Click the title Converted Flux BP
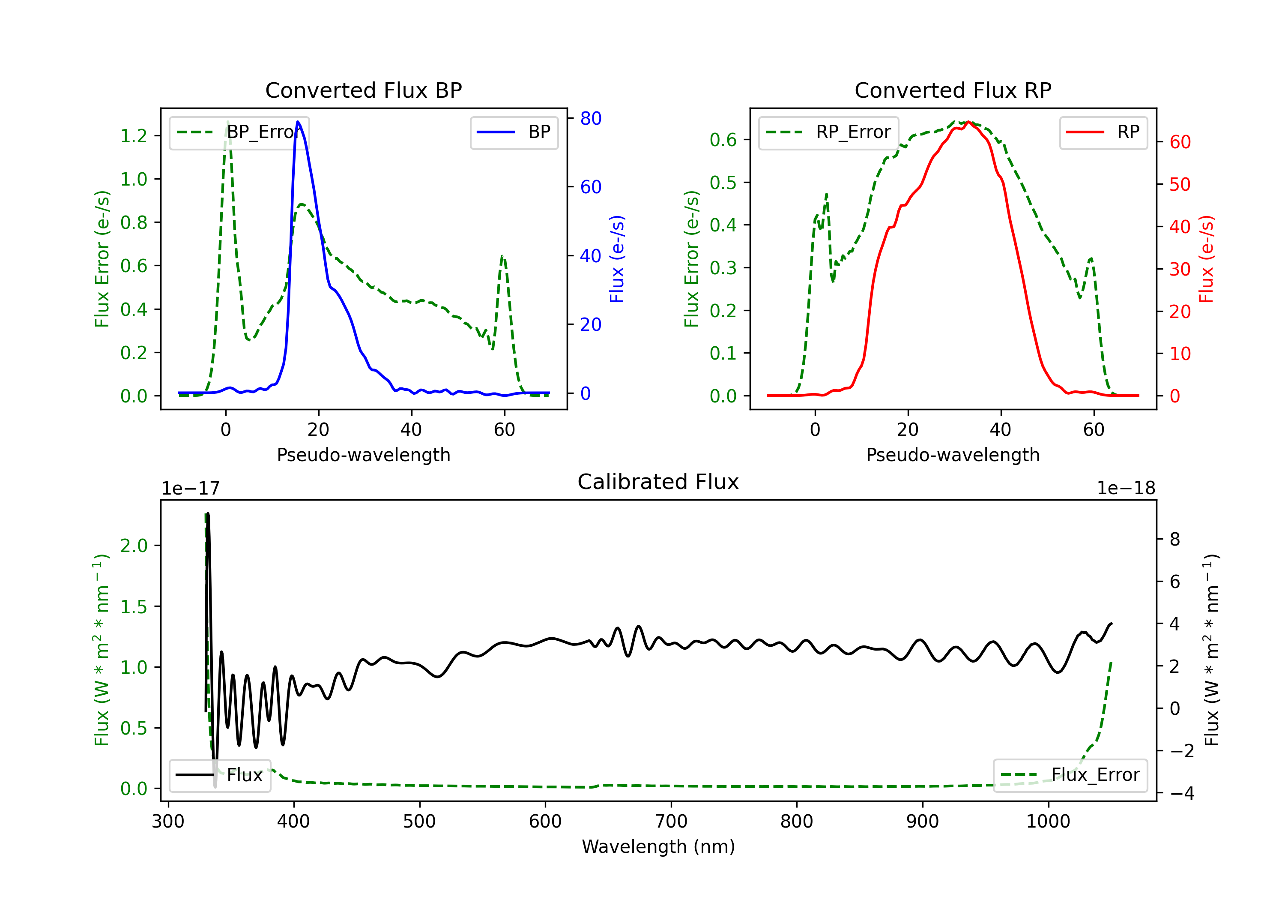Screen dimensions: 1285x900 point(364,90)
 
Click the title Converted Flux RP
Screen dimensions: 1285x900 point(953,90)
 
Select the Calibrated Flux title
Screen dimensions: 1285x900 point(658,482)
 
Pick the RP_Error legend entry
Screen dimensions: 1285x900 point(828,132)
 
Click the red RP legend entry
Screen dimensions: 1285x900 point(1103,132)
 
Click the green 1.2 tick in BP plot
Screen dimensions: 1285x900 point(134,135)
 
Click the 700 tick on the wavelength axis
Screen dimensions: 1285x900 point(671,822)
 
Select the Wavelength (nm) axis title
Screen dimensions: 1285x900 point(658,846)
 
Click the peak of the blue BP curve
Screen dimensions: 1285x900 point(298,122)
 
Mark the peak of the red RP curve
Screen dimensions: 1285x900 point(968,122)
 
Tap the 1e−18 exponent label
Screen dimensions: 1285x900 point(1126,489)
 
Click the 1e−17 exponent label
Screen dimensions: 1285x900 point(191,489)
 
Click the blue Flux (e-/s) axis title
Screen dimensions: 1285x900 point(617,259)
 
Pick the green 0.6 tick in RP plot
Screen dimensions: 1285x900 point(723,139)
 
